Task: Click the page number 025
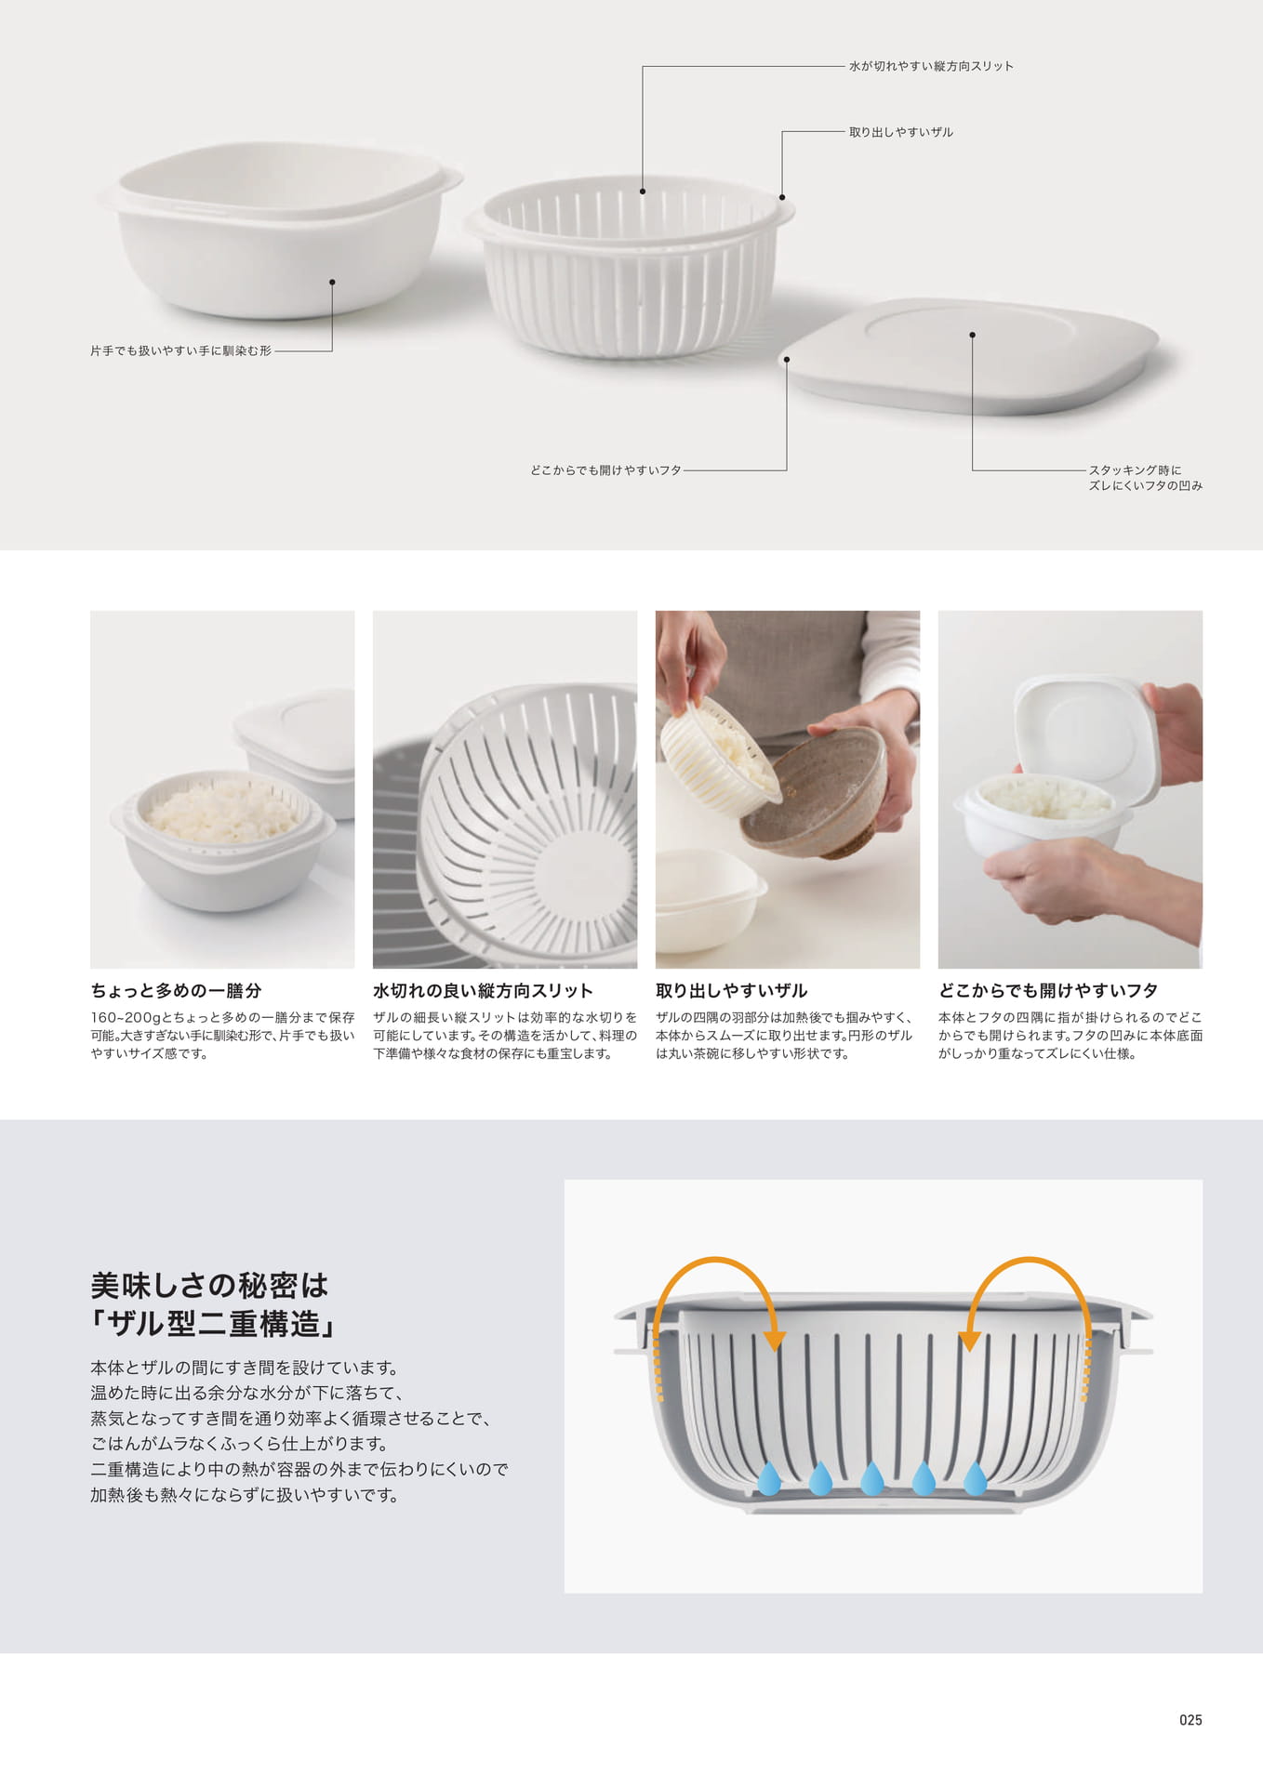point(1190,1720)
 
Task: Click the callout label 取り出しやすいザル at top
point(900,132)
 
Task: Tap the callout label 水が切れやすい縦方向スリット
point(931,66)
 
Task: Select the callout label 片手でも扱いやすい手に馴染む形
point(180,350)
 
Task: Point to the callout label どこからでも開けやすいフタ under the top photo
point(605,470)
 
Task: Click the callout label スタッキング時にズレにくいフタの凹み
point(1146,478)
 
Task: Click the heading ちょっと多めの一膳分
point(176,990)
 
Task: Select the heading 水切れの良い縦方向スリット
point(483,990)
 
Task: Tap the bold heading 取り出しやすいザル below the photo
point(731,990)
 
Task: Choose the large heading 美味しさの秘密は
point(209,1285)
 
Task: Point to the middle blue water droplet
point(871,1477)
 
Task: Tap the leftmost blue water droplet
point(768,1477)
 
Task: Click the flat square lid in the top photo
point(968,355)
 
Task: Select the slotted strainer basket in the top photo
point(630,265)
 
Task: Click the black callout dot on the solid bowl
point(332,282)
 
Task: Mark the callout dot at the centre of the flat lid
point(972,335)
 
